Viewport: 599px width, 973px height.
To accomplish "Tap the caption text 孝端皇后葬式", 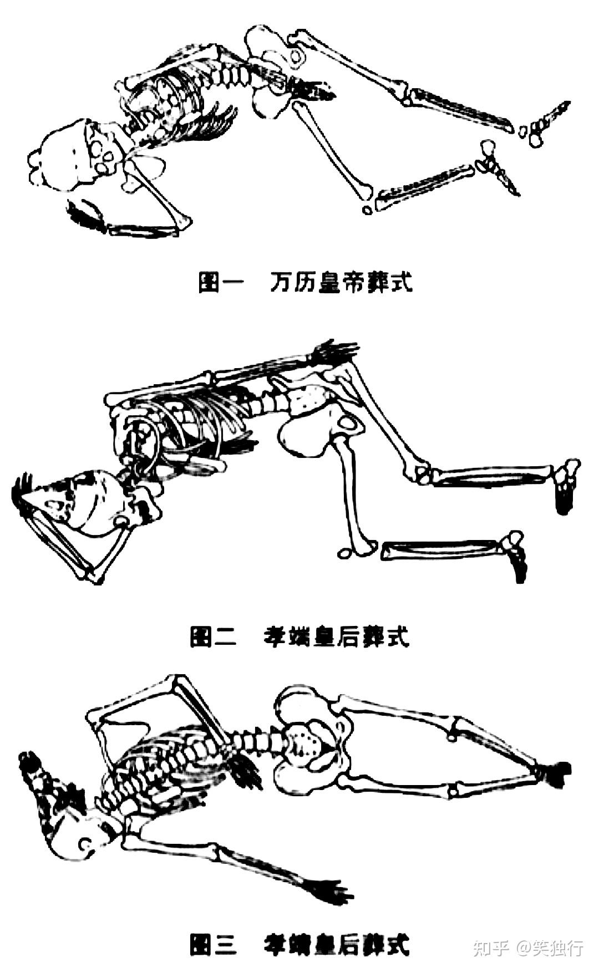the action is coord(336,636).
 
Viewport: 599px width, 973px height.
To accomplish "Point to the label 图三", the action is coord(213,944).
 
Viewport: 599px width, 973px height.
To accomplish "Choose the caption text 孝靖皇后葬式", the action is coord(336,944).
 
